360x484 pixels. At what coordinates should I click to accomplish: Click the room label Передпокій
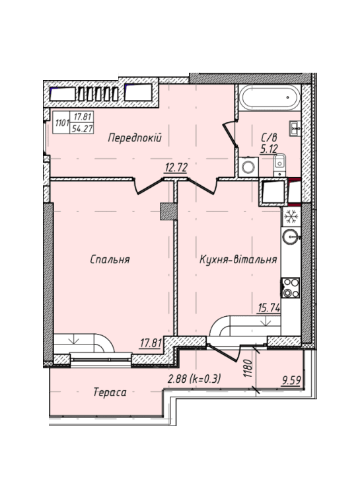click(x=135, y=138)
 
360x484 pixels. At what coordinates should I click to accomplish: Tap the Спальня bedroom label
click(x=110, y=259)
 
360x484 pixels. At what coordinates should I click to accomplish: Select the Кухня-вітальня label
click(x=238, y=259)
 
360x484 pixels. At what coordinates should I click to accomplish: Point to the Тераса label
click(x=110, y=392)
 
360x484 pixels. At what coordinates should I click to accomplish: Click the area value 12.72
click(x=176, y=167)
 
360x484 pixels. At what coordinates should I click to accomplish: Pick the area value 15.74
click(x=269, y=307)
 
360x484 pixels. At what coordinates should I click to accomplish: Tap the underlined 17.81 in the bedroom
click(x=151, y=343)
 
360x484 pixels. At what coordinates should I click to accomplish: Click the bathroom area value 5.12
click(x=269, y=149)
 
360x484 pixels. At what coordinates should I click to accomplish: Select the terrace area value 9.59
click(x=291, y=380)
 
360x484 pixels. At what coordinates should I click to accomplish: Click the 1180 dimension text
click(x=248, y=368)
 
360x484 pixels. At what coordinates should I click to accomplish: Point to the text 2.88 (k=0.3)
click(x=194, y=378)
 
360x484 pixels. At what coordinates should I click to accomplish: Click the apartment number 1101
click(x=61, y=123)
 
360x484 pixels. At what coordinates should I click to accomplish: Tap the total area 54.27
click(x=82, y=128)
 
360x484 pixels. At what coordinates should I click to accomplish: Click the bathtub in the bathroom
click(x=270, y=98)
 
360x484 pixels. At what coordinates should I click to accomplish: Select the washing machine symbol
click(x=248, y=167)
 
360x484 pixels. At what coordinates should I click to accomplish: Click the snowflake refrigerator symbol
click(x=291, y=216)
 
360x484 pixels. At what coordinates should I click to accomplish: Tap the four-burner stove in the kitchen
click(x=290, y=288)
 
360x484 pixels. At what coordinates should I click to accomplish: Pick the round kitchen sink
click(x=291, y=237)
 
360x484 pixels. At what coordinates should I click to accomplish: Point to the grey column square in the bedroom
click(x=168, y=212)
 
